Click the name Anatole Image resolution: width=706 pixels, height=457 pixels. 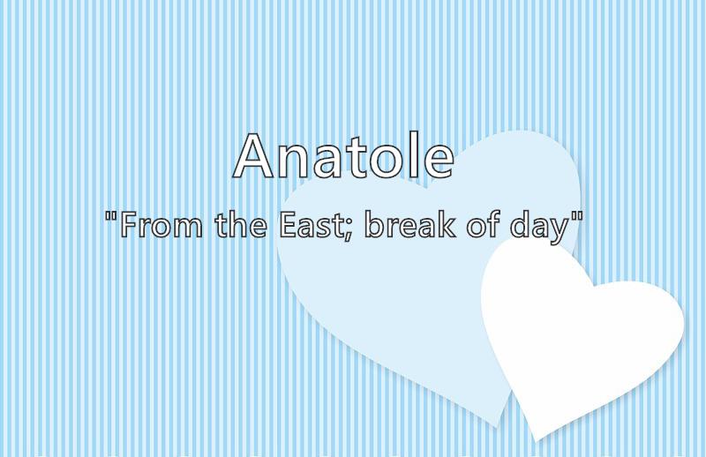pos(343,155)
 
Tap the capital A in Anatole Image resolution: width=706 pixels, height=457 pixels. pos(253,155)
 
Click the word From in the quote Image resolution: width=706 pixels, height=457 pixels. pos(161,225)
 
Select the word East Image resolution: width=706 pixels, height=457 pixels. pos(308,225)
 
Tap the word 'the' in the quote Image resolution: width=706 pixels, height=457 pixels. pos(241,224)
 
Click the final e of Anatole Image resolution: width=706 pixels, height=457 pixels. pos(439,161)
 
